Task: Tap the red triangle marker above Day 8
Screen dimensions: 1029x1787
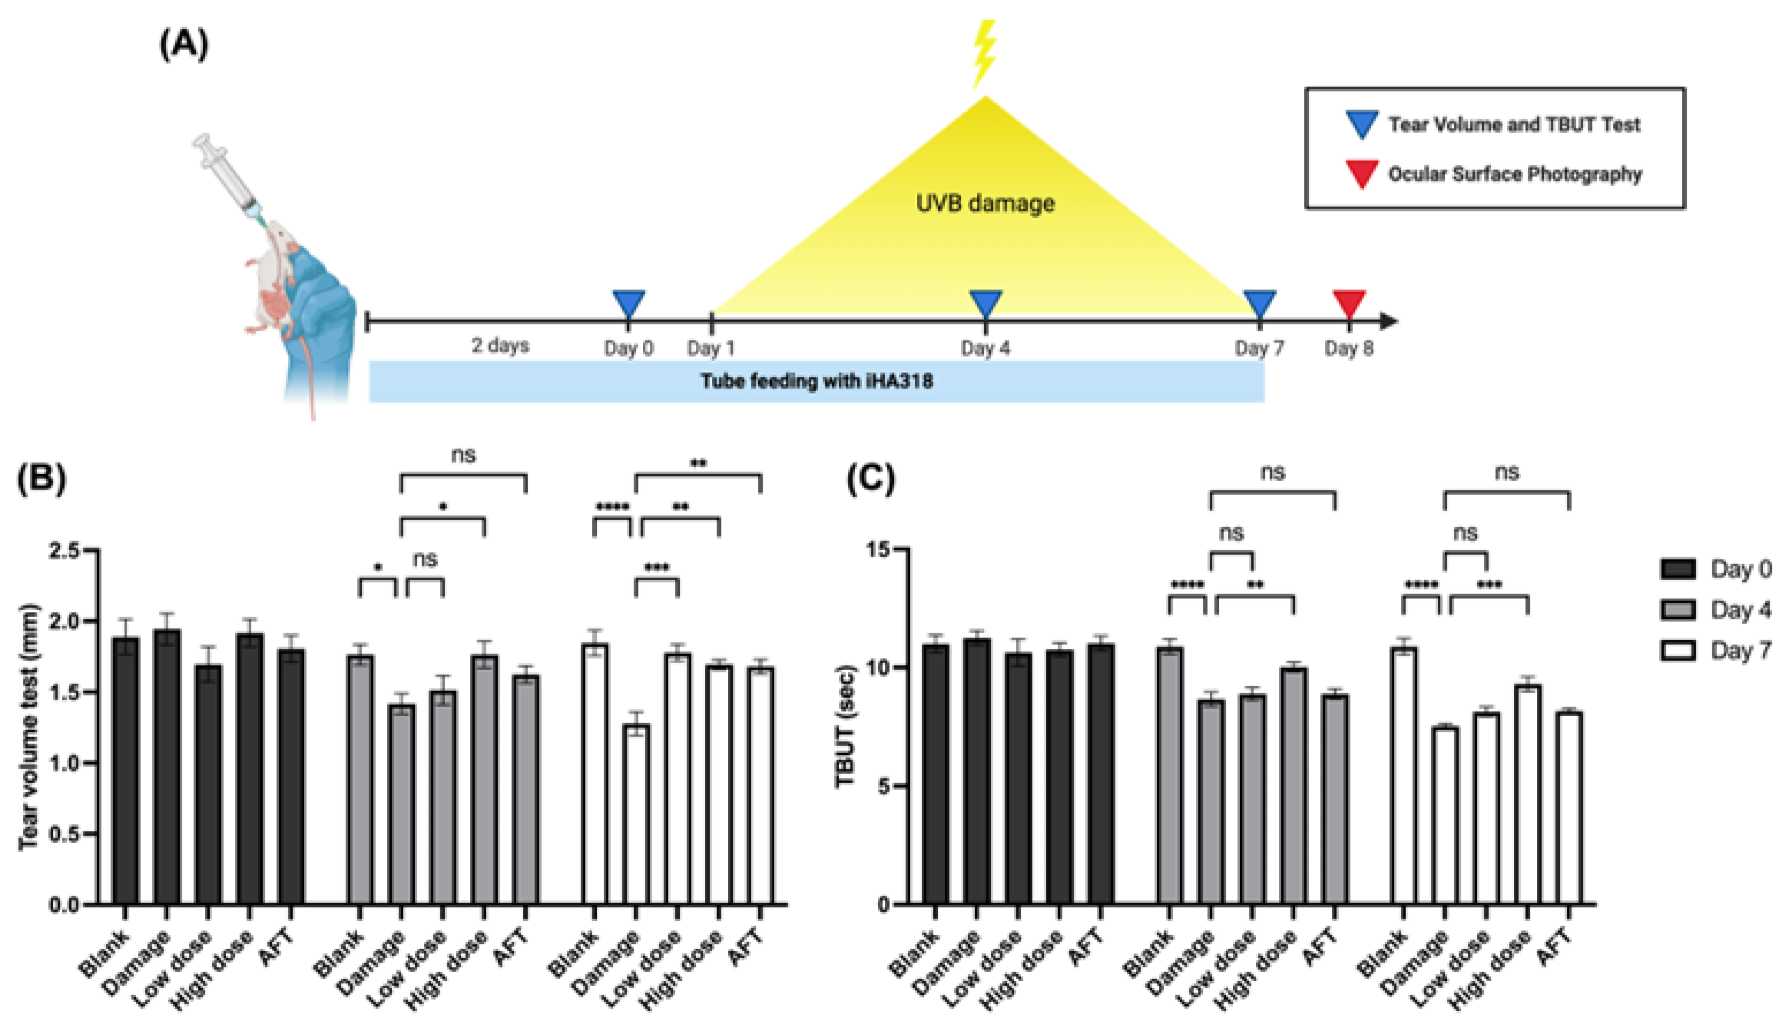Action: (1348, 303)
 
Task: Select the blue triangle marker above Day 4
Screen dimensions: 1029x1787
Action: (986, 303)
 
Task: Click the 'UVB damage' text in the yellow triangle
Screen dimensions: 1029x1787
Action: (985, 203)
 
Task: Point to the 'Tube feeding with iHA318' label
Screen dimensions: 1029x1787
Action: (816, 381)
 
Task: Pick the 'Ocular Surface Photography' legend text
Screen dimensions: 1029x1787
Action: (1515, 175)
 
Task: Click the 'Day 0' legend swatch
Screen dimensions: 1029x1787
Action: (1678, 569)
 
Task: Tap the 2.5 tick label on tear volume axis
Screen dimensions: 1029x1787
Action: (66, 551)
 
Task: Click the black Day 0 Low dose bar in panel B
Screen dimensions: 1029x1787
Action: (208, 785)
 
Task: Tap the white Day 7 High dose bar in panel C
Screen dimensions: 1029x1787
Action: (1528, 795)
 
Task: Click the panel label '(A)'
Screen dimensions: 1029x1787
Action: (184, 46)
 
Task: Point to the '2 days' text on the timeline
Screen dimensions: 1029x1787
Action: (500, 346)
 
